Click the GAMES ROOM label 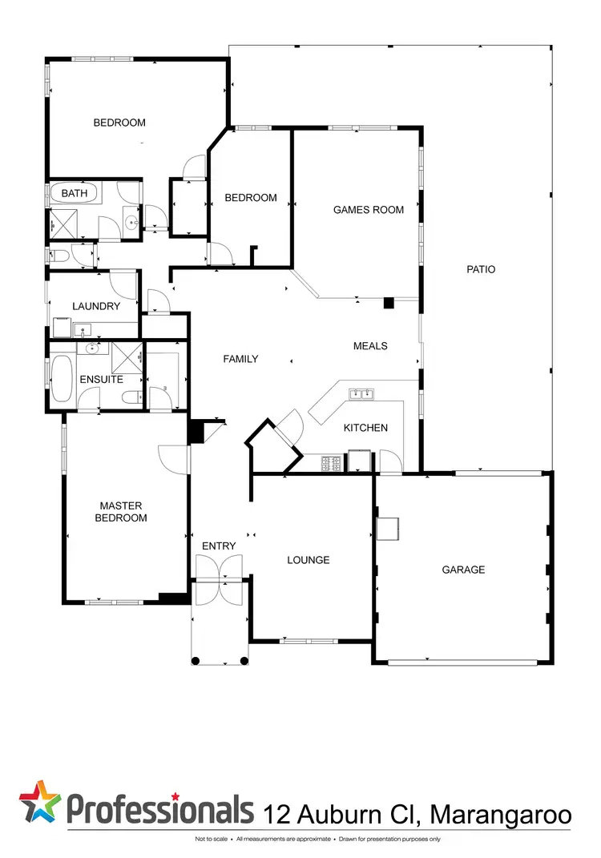pos(369,210)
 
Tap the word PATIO pos(481,269)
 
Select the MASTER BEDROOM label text pos(123,512)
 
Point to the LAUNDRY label pos(96,306)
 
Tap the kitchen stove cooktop pos(332,463)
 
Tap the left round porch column pos(196,661)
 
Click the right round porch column pos(245,661)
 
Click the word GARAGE pos(463,570)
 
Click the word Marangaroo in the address pos(501,815)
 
